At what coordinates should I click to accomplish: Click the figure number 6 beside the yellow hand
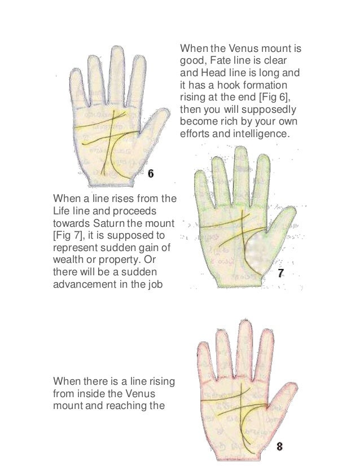pyautogui.click(x=151, y=173)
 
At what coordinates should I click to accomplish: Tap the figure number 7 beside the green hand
pyautogui.click(x=280, y=273)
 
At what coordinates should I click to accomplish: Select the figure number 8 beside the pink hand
pyautogui.click(x=279, y=446)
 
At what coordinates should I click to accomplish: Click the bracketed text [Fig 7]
pyautogui.click(x=68, y=236)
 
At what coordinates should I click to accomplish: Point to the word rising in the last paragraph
pyautogui.click(x=161, y=381)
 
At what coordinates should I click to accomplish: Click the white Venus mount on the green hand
pyautogui.click(x=258, y=252)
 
